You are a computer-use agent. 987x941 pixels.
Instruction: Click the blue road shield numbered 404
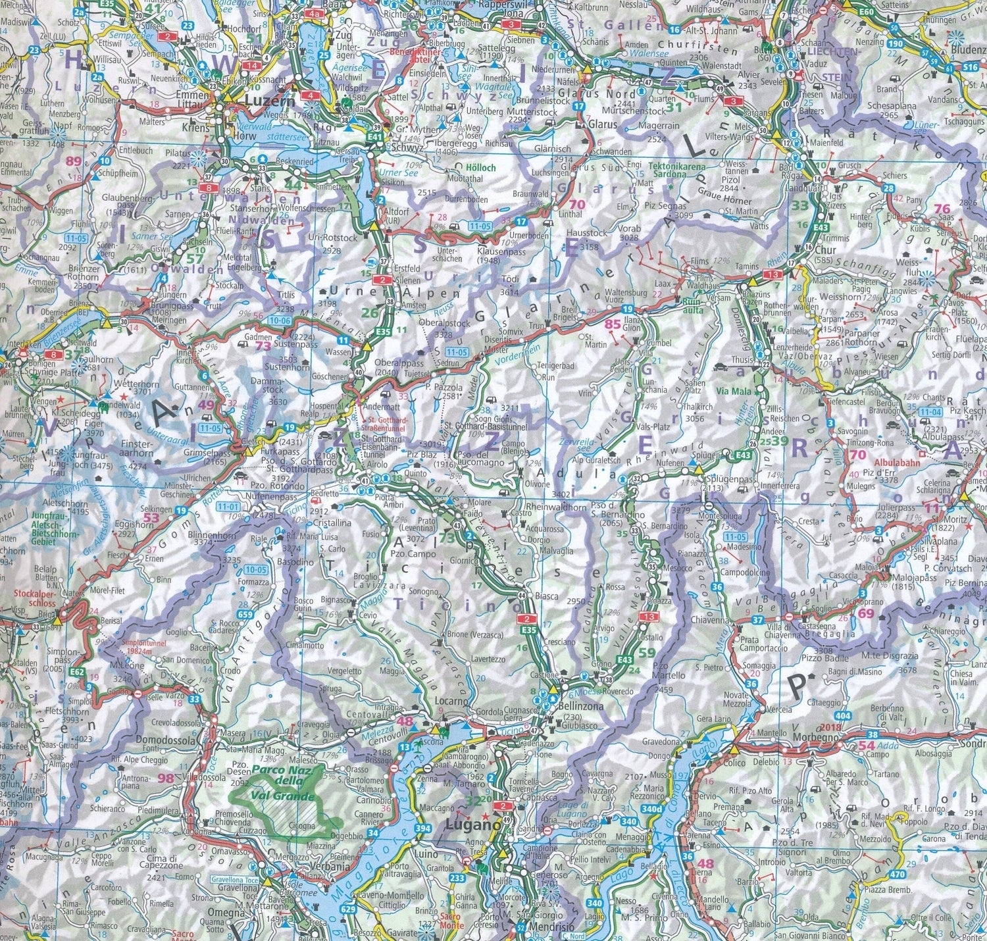(x=844, y=715)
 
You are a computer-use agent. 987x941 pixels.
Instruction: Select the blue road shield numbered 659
(x=245, y=615)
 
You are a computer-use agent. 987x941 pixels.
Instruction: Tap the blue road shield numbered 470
(x=897, y=875)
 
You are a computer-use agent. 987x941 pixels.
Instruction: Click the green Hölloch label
(x=480, y=168)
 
